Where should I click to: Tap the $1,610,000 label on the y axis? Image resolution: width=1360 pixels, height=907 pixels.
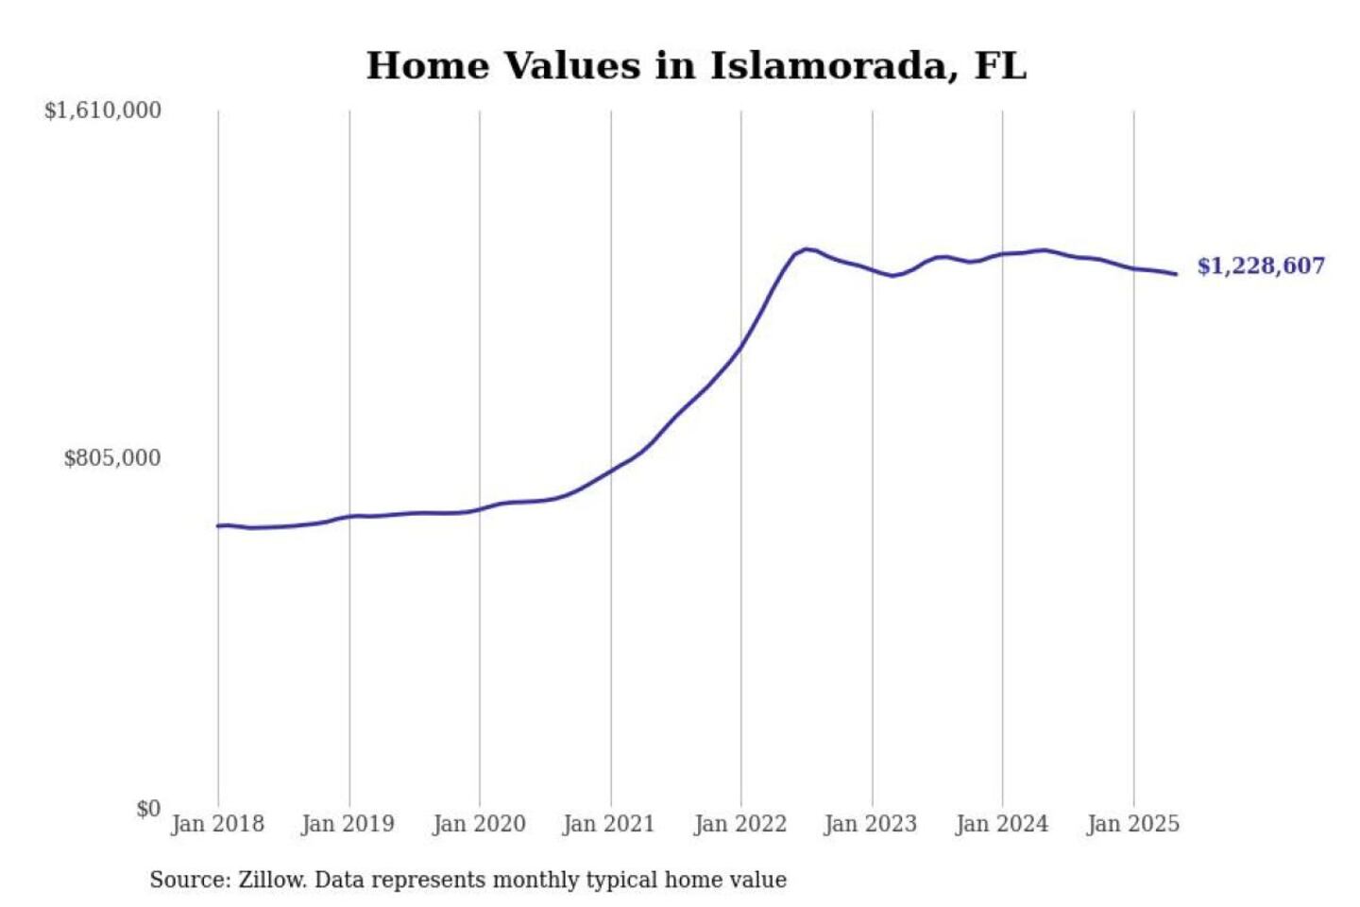tap(103, 111)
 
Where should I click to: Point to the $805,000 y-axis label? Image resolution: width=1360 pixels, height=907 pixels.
tap(112, 458)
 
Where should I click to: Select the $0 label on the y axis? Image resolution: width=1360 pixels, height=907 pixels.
tap(149, 809)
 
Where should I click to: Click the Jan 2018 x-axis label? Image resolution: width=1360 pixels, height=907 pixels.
tap(218, 825)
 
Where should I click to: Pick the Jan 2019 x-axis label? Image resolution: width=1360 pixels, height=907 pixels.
tap(348, 825)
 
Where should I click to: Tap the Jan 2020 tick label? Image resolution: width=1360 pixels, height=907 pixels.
tap(479, 825)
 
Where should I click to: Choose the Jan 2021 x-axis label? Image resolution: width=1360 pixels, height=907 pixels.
tap(609, 825)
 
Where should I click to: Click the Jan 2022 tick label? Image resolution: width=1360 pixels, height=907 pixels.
tap(740, 825)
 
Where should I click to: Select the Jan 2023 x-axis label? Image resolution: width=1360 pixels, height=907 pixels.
tap(871, 825)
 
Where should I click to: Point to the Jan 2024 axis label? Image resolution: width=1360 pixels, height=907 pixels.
tap(1002, 825)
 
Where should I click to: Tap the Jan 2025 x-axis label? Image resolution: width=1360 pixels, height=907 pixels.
tap(1133, 825)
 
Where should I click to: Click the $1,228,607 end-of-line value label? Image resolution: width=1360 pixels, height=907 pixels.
tap(1261, 266)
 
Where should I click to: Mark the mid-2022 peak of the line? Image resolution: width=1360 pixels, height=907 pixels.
tap(806, 248)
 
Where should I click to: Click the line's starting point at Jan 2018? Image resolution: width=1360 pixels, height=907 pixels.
tap(218, 525)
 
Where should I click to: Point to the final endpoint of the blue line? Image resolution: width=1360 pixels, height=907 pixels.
tap(1177, 274)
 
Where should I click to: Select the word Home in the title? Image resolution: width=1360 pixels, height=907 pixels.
tap(428, 66)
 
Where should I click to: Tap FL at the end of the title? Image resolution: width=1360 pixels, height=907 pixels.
tap(1000, 66)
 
